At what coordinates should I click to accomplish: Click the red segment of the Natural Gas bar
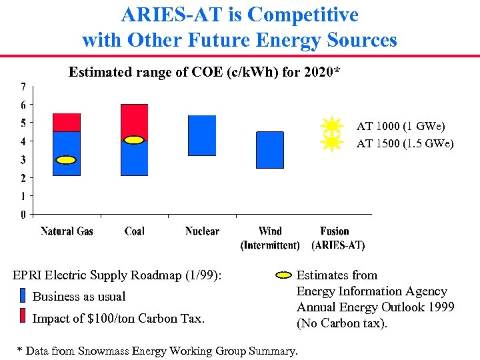66,123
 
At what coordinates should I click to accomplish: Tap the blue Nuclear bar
202,135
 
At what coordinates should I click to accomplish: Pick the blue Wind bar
269,150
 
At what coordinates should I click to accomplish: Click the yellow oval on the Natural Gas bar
66,160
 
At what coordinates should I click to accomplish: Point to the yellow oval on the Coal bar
134,140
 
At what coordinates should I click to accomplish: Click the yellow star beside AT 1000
331,126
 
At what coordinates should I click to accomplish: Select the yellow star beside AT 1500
331,143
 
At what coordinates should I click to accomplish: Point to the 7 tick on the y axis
23,87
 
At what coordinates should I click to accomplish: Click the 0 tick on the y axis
23,215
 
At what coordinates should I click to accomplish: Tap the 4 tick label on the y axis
23,141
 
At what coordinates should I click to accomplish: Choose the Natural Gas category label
67,231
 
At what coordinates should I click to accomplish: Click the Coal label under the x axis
134,231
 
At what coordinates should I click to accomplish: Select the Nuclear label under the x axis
202,231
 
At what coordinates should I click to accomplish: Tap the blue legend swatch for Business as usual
22,296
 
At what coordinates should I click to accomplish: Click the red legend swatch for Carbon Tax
22,317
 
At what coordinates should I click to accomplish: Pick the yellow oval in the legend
283,275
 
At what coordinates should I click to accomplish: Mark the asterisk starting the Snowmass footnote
19,349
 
